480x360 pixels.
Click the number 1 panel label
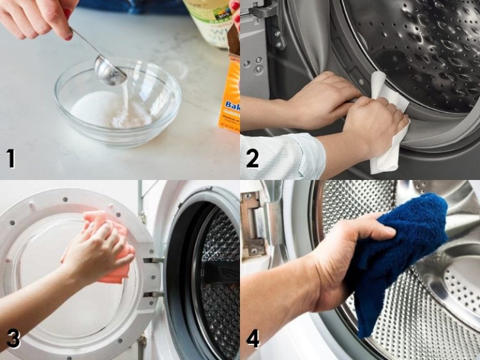point(11,158)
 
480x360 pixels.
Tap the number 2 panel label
point(252,158)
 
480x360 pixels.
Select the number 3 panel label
point(12,338)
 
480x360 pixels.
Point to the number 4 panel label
point(252,338)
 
